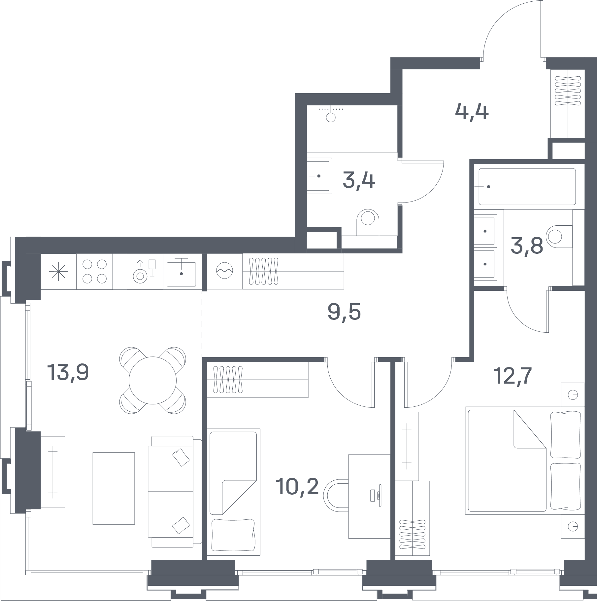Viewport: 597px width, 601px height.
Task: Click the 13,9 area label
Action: [x=68, y=372]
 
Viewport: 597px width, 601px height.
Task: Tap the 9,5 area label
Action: [x=344, y=312]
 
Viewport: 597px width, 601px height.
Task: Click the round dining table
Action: [x=152, y=380]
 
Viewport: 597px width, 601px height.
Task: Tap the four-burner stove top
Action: [x=94, y=271]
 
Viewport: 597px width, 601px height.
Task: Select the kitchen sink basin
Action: [x=181, y=274]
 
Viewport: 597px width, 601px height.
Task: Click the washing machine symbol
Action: [x=224, y=271]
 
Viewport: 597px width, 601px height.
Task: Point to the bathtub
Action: [x=527, y=187]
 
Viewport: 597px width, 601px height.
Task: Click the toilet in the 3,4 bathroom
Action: [x=368, y=222]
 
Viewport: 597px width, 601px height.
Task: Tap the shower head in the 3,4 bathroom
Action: [x=331, y=117]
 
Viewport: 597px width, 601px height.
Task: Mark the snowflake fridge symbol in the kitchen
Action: [x=58, y=272]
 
